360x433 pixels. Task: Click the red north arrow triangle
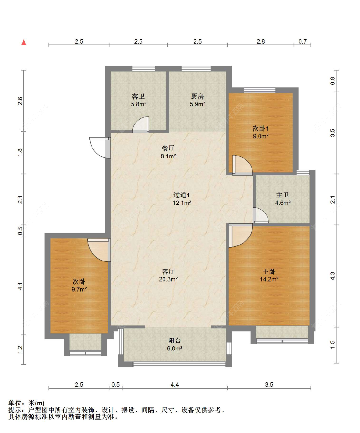pyautogui.click(x=24, y=42)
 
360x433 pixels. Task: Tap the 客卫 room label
pyautogui.click(x=138, y=96)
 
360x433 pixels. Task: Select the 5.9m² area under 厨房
pyautogui.click(x=197, y=104)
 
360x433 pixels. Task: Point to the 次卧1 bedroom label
pyautogui.click(x=260, y=129)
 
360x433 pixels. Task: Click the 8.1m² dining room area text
pyautogui.click(x=168, y=156)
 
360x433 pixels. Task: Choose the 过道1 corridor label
pyautogui.click(x=182, y=195)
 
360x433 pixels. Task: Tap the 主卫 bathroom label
pyautogui.click(x=283, y=195)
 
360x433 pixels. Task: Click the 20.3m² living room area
pyautogui.click(x=168, y=279)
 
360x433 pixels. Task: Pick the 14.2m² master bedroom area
pyautogui.click(x=269, y=279)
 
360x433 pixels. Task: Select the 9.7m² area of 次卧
pyautogui.click(x=79, y=289)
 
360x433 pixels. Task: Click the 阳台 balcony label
pyautogui.click(x=175, y=341)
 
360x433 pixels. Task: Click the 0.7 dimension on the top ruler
pyautogui.click(x=302, y=42)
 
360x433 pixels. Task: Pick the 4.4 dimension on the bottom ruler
pyautogui.click(x=175, y=385)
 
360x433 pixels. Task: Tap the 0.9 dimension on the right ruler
pyautogui.click(x=332, y=81)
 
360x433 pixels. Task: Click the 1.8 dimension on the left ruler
pyautogui.click(x=20, y=152)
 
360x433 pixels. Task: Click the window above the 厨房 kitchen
pyautogui.click(x=196, y=68)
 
